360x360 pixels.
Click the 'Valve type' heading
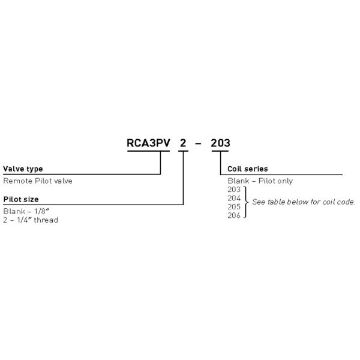23,169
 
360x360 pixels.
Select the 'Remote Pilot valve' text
38,181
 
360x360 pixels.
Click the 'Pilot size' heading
21,199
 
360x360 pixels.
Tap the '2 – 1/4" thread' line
31,220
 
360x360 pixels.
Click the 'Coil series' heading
248,169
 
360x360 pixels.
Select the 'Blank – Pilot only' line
260,181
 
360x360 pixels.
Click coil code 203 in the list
234,189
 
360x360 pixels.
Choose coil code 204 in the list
234,197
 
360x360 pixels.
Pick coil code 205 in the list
234,206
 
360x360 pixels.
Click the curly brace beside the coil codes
245,202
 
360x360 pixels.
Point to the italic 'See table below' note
304,202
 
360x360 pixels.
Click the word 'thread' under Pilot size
46,220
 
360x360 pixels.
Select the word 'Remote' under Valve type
16,181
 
